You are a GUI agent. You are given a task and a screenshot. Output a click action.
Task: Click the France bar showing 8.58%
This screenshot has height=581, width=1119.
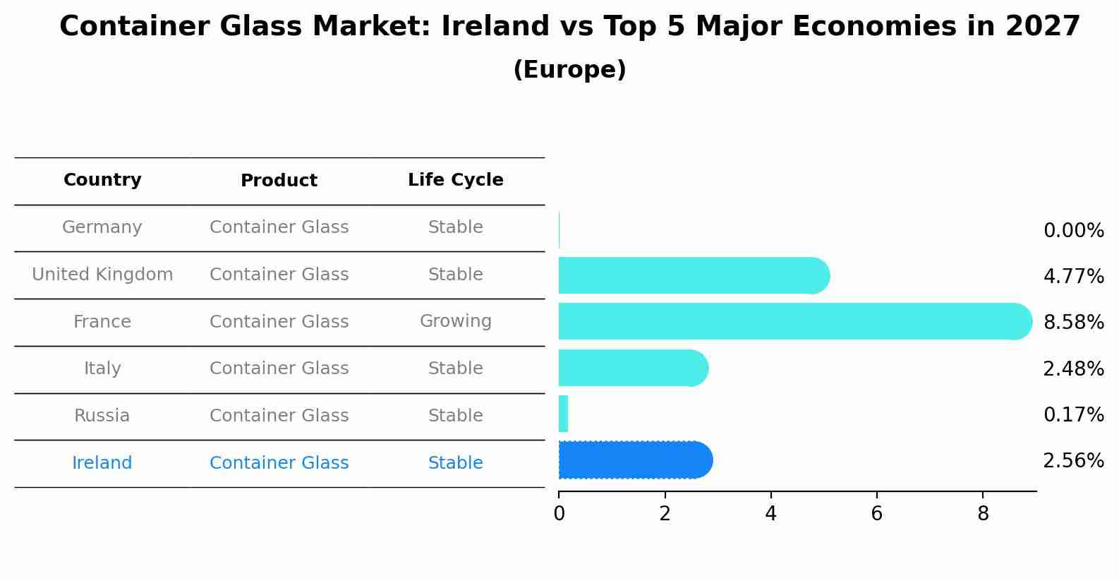click(790, 321)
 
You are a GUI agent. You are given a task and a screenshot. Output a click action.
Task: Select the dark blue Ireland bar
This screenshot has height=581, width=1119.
click(631, 460)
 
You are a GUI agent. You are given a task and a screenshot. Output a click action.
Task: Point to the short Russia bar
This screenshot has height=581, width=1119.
click(563, 414)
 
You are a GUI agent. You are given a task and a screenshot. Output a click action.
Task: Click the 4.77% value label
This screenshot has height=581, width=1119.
click(1073, 276)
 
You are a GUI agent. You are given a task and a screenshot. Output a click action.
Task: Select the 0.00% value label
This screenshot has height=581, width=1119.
click(1073, 231)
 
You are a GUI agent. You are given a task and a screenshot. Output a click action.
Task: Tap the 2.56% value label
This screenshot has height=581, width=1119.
click(1073, 461)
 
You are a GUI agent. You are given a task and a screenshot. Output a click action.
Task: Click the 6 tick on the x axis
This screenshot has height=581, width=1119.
click(876, 514)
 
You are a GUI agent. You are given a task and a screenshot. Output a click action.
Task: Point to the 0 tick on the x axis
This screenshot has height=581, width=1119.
click(559, 514)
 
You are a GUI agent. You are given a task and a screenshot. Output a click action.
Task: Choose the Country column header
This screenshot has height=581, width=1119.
click(102, 180)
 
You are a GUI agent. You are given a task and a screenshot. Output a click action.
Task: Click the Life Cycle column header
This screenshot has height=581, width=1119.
click(455, 180)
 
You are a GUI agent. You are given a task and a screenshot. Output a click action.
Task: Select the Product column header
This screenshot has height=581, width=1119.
click(279, 181)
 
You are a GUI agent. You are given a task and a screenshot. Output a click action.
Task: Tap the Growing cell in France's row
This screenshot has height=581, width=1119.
click(455, 321)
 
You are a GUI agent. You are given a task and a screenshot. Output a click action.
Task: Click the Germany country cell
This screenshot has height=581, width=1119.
click(102, 227)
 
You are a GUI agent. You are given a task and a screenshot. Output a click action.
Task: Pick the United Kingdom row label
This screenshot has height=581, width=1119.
click(102, 275)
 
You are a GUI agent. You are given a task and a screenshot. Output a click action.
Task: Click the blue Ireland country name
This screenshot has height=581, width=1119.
click(102, 463)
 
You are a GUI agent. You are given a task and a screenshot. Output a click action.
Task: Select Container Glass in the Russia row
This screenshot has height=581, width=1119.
click(279, 416)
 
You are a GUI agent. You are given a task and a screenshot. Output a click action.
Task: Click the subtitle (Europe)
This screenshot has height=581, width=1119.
click(569, 70)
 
